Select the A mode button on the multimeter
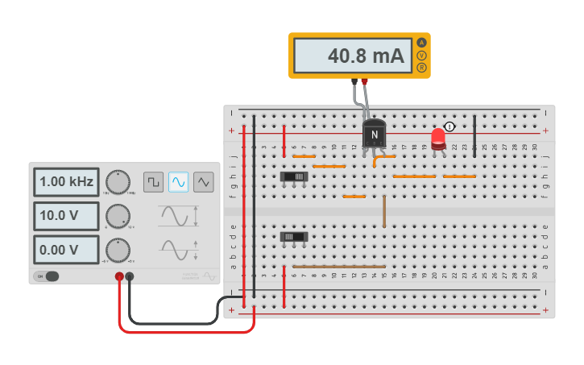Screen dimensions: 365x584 420,42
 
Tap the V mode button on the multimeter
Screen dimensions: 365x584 420,55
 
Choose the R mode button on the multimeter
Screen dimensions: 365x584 420,68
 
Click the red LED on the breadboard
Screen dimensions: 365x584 438,138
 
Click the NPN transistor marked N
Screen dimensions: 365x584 374,134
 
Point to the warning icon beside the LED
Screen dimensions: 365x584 450,127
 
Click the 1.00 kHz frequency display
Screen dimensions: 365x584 66,182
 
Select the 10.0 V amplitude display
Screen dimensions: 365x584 66,216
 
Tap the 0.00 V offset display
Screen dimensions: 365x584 66,250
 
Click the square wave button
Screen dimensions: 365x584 153,182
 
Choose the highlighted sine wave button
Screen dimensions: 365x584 179,182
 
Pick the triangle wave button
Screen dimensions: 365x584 204,182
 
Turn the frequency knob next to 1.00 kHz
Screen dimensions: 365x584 118,182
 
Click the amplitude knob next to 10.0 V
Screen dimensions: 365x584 118,216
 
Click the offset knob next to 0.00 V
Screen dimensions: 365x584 118,250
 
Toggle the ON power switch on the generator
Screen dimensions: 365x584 48,276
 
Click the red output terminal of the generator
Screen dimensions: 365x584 119,276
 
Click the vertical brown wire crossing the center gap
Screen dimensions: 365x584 384,210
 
